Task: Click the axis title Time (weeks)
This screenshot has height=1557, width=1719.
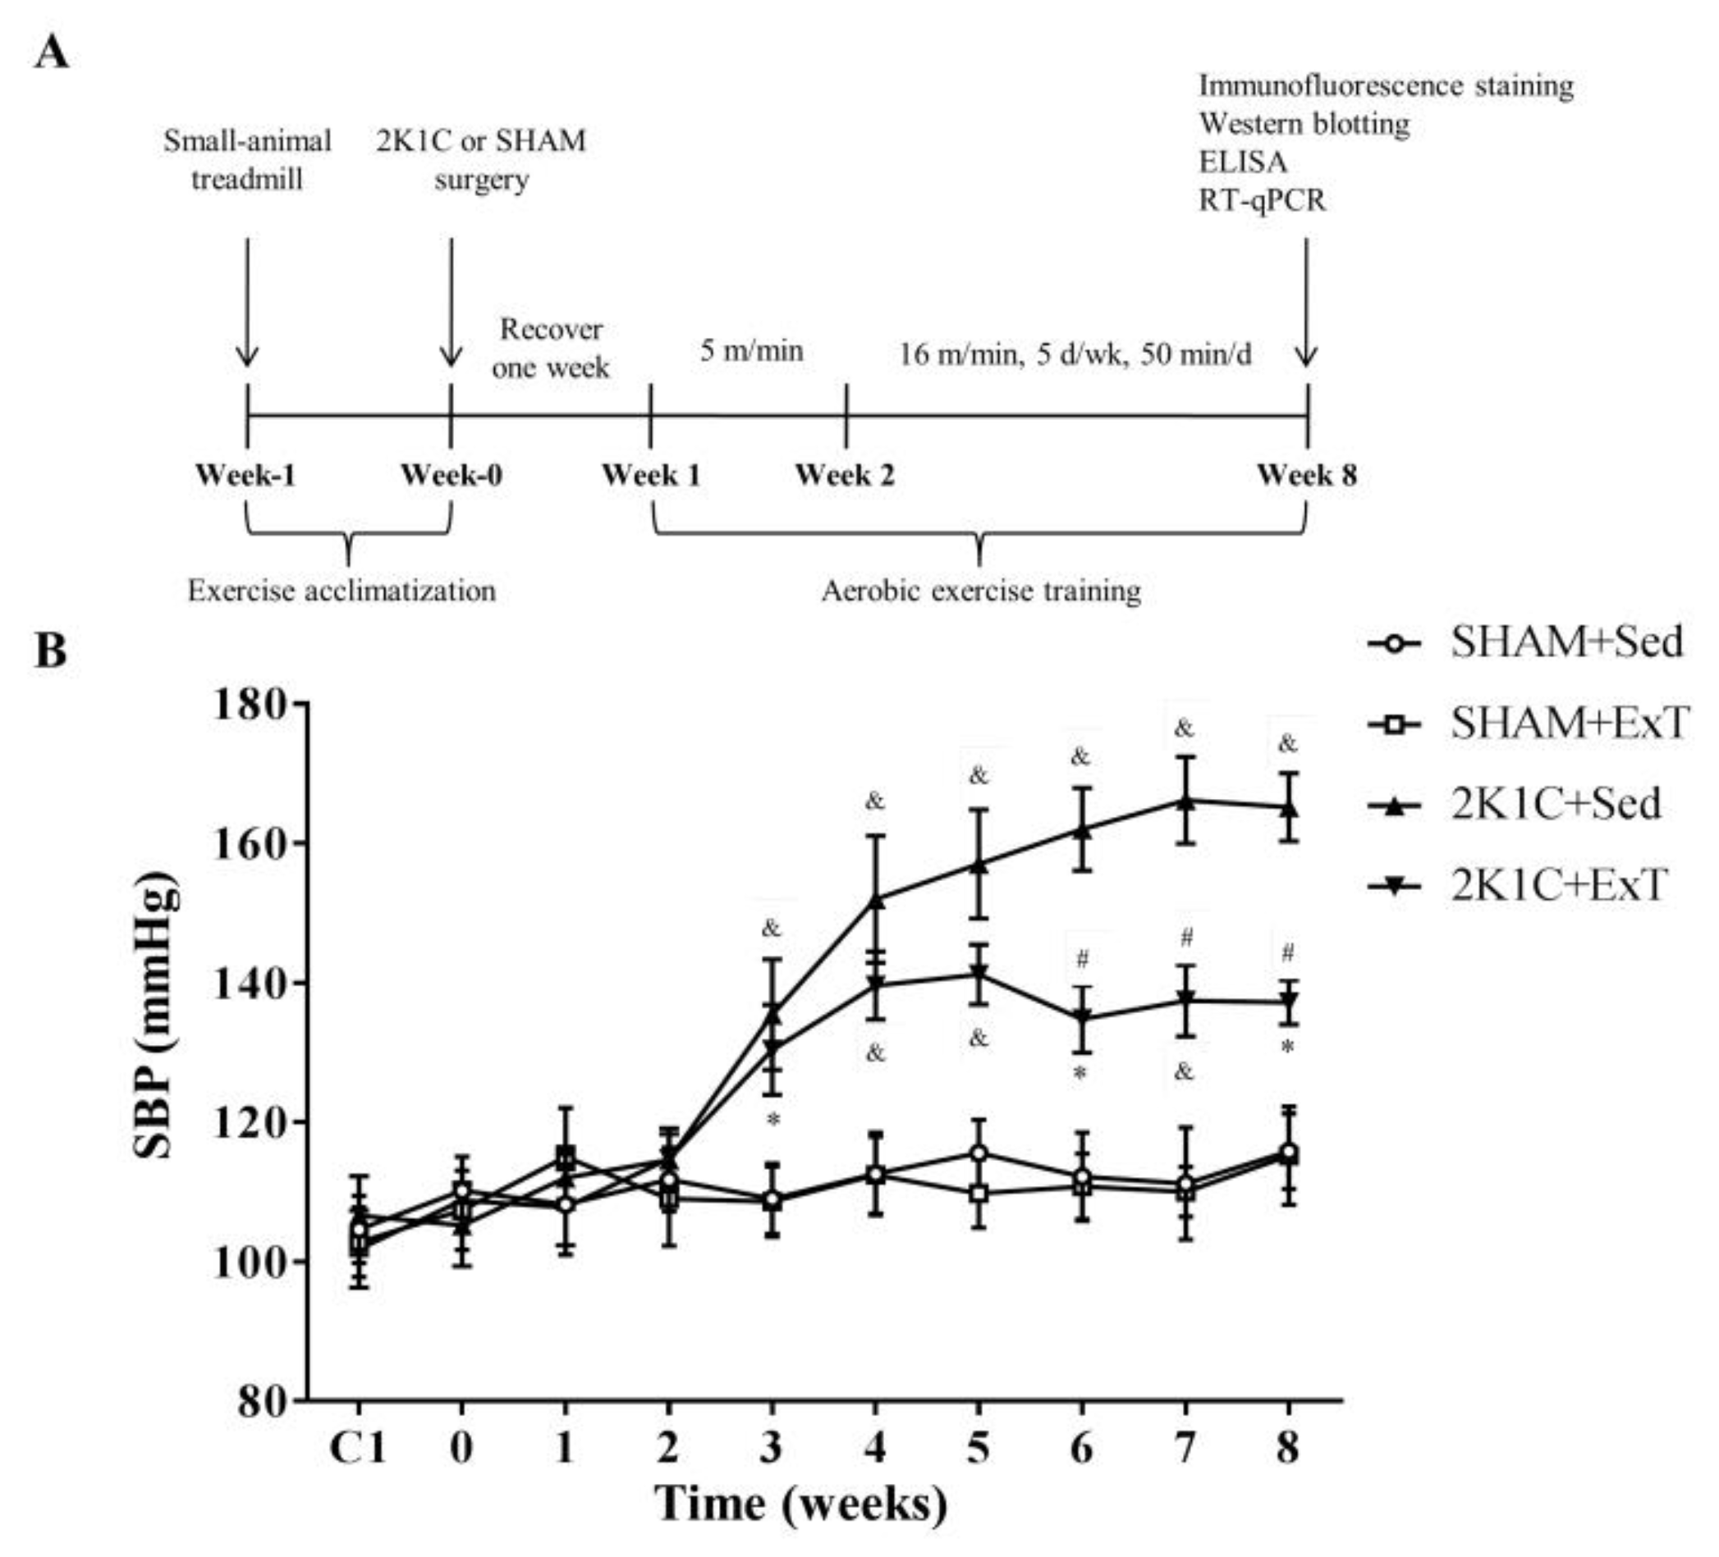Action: point(800,1504)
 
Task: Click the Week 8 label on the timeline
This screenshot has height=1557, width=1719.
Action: point(1306,476)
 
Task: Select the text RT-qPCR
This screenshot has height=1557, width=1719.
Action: point(1262,201)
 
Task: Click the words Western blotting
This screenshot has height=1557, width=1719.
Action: point(1304,125)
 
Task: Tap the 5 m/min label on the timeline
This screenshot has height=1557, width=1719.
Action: point(751,350)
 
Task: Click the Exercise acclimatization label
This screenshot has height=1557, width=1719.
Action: point(342,591)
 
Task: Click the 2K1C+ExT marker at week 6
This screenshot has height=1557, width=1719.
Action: point(1082,1017)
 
